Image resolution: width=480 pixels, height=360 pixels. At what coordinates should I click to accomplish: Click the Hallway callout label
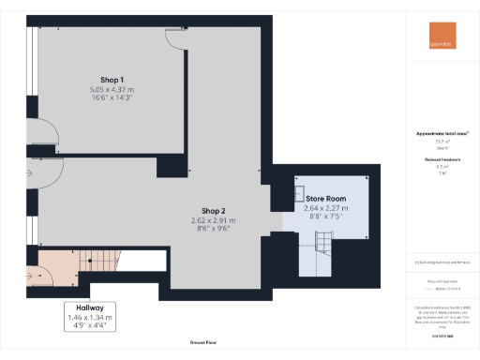click(90, 307)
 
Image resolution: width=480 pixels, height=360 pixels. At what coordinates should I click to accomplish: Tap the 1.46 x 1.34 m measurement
click(90, 317)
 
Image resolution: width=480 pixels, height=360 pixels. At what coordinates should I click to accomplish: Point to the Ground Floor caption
click(203, 343)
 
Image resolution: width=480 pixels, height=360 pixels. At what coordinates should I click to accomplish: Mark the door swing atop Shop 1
click(176, 36)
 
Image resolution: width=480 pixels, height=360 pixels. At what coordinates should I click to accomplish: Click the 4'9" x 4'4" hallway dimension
click(90, 325)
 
